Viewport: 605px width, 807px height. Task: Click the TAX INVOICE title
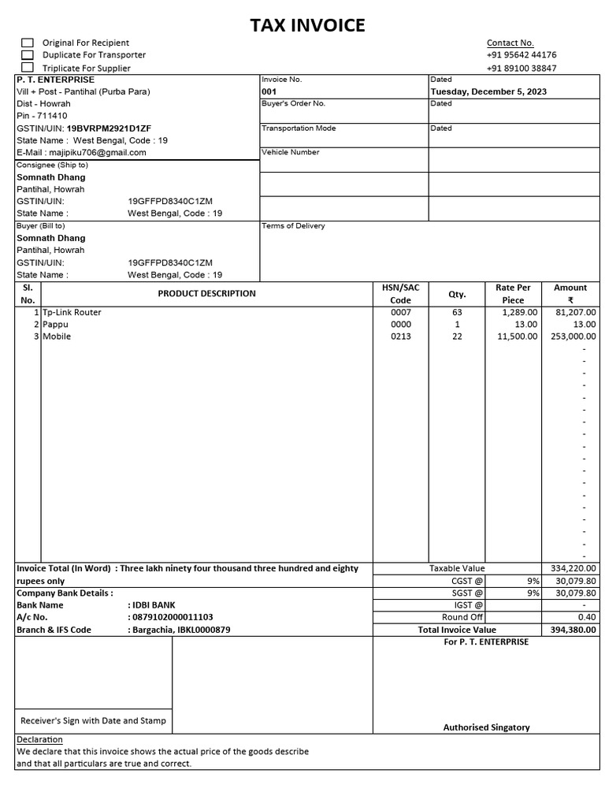click(x=307, y=26)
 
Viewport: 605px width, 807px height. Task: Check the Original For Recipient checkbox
click(x=28, y=43)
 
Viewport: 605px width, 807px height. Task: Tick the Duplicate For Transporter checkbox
click(x=28, y=55)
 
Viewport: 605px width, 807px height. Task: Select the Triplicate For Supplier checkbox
click(x=28, y=68)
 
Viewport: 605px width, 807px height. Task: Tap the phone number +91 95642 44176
click(x=521, y=55)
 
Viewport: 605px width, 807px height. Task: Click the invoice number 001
click(x=269, y=91)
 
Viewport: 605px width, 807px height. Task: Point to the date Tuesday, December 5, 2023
click(x=488, y=91)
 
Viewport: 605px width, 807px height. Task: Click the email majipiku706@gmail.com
click(x=98, y=152)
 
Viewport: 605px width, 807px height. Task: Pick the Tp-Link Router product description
click(x=72, y=312)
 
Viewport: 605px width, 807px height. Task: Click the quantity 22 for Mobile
click(x=457, y=337)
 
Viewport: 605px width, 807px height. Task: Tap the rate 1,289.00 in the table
click(x=519, y=312)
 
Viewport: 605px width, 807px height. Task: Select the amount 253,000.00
click(x=573, y=337)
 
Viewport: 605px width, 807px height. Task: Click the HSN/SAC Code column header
click(x=401, y=294)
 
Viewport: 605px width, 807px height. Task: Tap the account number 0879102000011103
click(x=173, y=617)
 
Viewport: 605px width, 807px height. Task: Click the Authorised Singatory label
click(x=486, y=727)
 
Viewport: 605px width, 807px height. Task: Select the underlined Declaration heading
click(x=39, y=740)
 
